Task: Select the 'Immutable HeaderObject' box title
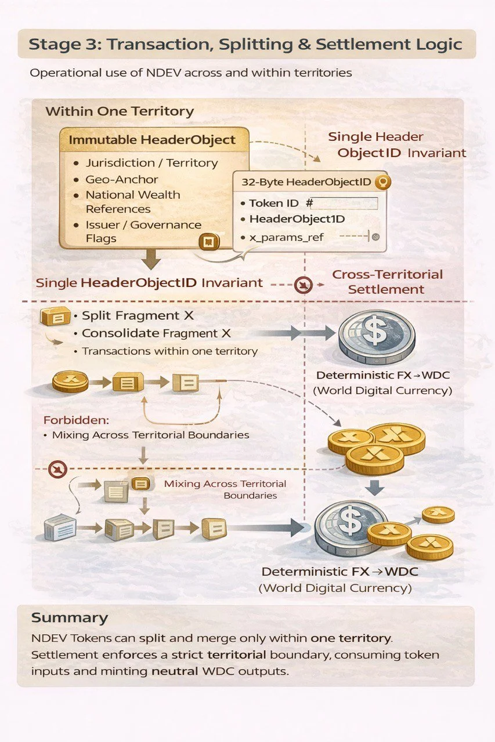[x=152, y=140]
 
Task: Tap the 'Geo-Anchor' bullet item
[x=122, y=179]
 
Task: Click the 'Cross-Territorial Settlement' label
[x=387, y=282]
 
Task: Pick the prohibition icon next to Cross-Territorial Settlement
[x=303, y=285]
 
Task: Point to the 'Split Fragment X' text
[x=139, y=316]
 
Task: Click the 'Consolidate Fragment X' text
[x=156, y=333]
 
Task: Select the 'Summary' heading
[x=70, y=617]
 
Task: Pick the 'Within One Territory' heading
[x=119, y=111]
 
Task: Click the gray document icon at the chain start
[x=60, y=528]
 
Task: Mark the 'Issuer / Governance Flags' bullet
[x=143, y=231]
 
